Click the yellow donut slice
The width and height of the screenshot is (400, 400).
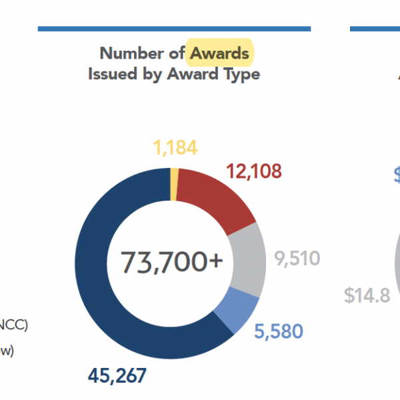click(x=174, y=183)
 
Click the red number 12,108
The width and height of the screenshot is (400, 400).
click(x=254, y=171)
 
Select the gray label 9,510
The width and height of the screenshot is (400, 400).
click(x=297, y=259)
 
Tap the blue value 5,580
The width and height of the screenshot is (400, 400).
click(x=278, y=331)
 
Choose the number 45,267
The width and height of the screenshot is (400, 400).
click(x=117, y=376)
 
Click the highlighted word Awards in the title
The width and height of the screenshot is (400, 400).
click(x=219, y=53)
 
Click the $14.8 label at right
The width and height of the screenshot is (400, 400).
click(x=367, y=295)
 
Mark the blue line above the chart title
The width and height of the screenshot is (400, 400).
click(x=174, y=29)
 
